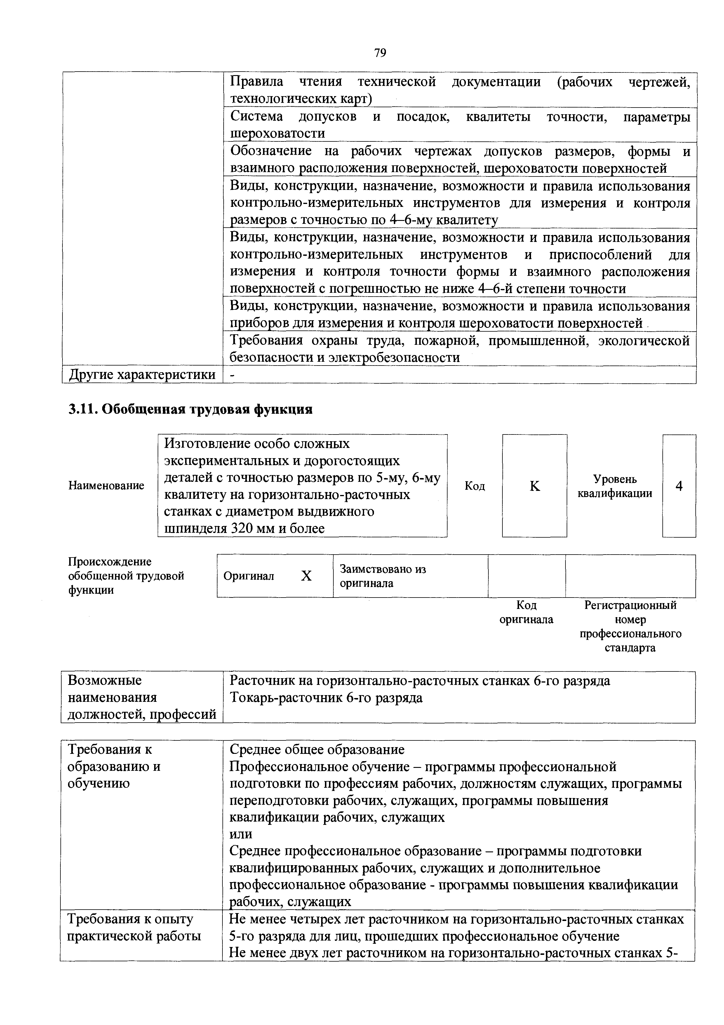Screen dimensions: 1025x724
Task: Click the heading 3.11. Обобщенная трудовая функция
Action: [x=190, y=409]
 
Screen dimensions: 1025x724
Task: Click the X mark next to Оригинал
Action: [x=306, y=576]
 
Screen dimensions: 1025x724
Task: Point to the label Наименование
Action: [x=106, y=486]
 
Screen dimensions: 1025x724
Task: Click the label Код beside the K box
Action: [x=475, y=486]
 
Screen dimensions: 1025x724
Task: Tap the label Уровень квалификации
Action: [x=615, y=486]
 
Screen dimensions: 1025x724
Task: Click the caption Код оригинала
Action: [x=526, y=612]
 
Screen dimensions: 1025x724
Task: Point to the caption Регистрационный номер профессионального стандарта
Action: [x=630, y=626]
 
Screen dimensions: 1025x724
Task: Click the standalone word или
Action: [x=241, y=834]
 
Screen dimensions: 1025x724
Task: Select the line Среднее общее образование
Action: [x=317, y=749]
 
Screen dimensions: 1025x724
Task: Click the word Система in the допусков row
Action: [x=257, y=117]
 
